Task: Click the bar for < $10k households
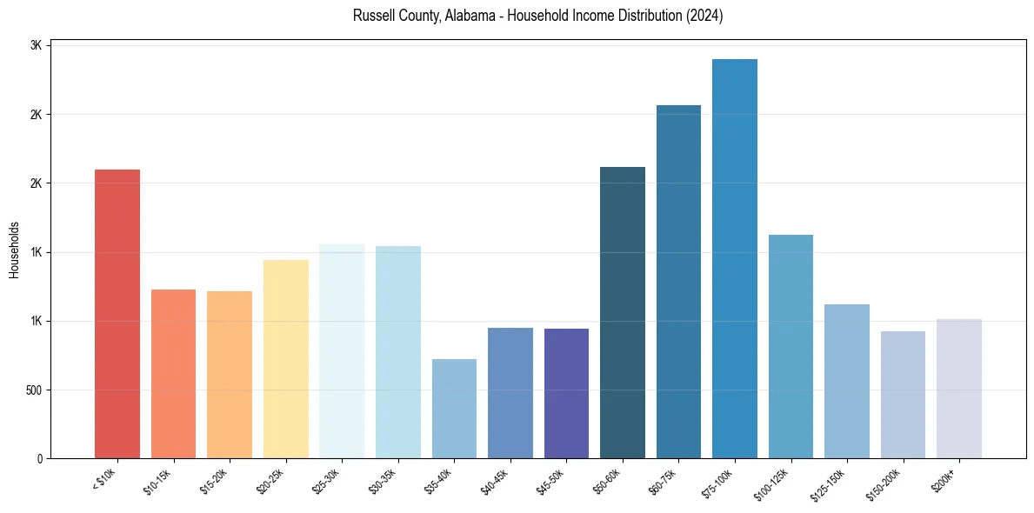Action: pos(117,314)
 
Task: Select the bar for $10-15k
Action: pos(173,374)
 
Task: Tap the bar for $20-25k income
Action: pos(285,359)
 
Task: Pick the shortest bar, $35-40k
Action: pos(454,409)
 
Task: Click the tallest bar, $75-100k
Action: pos(735,259)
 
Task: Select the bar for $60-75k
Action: pos(678,282)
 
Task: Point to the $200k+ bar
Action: pos(958,389)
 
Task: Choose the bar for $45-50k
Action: pos(566,393)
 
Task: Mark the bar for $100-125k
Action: pos(791,347)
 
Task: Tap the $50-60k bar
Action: pos(623,313)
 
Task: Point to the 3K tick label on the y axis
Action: pos(35,46)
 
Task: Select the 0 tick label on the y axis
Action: pos(40,459)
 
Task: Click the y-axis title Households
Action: pos(14,250)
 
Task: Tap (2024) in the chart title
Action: pos(704,17)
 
